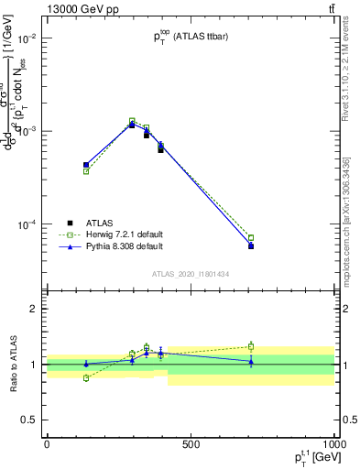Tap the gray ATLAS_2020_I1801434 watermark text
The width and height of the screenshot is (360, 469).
pos(191,274)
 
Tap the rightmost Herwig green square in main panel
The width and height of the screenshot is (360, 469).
pos(251,238)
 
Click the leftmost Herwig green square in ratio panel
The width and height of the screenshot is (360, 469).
pos(86,377)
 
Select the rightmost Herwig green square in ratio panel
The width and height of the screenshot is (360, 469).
pos(251,346)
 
